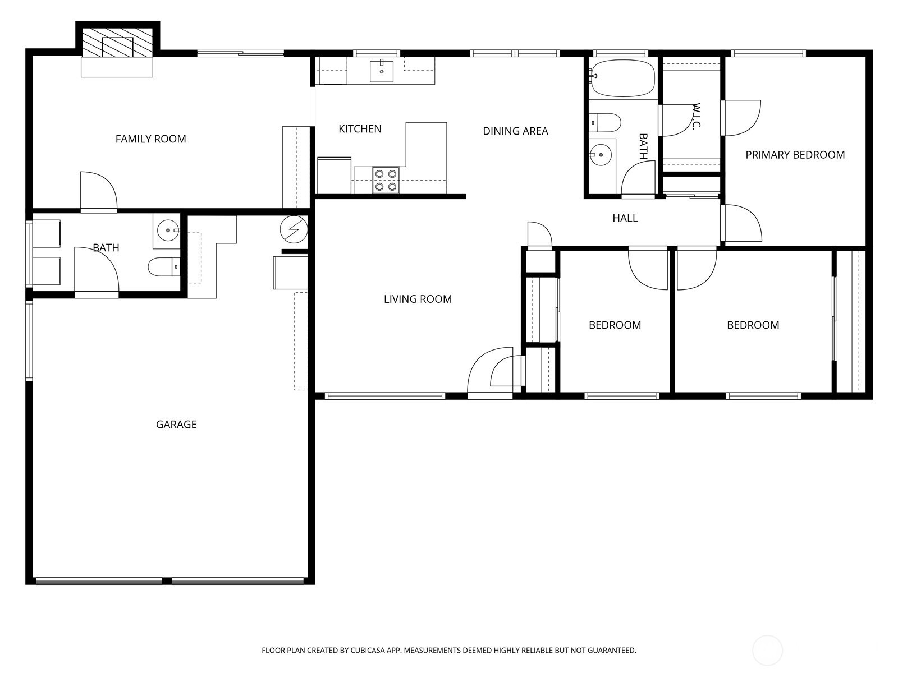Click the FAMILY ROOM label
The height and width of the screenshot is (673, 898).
(150, 139)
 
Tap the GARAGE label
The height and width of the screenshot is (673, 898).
(176, 424)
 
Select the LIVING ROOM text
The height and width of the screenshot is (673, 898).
(418, 299)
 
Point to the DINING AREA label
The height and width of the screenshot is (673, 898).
(515, 131)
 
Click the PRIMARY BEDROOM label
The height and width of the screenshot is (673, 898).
(795, 155)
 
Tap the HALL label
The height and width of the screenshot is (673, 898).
(625, 218)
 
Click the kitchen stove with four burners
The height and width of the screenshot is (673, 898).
(386, 180)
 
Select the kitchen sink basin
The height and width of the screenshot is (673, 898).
(381, 71)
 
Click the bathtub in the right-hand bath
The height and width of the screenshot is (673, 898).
(622, 79)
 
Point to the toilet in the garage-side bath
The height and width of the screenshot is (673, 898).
(164, 267)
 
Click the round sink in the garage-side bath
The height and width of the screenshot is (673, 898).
(168, 231)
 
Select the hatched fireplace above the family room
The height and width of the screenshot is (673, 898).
(117, 43)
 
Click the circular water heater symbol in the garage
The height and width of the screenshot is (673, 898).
(294, 229)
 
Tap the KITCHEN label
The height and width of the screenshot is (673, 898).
(360, 129)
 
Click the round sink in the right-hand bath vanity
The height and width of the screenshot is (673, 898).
(600, 155)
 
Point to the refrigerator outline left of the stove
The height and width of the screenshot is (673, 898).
(335, 176)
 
